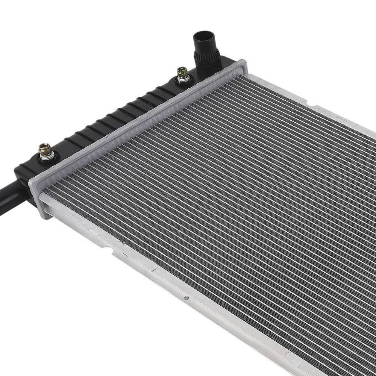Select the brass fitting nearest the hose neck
pyautogui.click(x=183, y=73)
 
